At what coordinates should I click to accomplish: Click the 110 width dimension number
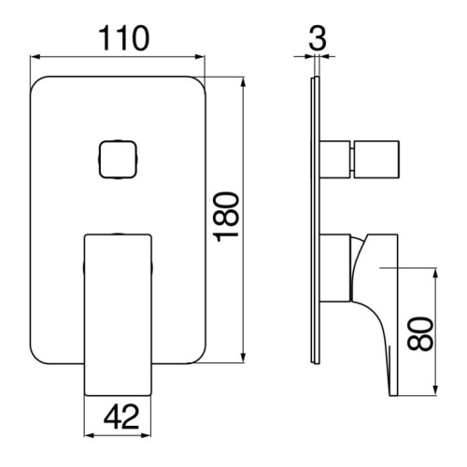pos(124,38)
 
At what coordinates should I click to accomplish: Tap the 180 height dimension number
pos(227,218)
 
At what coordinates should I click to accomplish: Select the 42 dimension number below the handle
pos(121,417)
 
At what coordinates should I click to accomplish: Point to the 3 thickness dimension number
pos(318,38)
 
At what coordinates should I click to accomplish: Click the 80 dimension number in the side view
pos(420,334)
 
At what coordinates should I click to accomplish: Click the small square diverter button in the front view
pos(118,160)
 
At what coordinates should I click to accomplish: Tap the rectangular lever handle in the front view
pos(118,315)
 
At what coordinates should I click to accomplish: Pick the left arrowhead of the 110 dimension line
pos(35,57)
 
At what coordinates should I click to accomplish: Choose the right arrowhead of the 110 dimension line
pos(200,57)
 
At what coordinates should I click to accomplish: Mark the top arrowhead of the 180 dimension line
pos(244,82)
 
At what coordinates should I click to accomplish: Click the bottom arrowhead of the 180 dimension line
pos(244,358)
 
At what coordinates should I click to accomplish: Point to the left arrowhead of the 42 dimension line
pos(90,435)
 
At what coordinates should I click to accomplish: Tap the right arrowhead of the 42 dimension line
pos(146,435)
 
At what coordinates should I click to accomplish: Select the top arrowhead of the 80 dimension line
pos(436,273)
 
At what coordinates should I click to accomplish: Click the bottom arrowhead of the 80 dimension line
pos(436,390)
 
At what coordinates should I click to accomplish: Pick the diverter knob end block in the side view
pos(376,160)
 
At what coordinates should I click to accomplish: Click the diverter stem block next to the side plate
pos(334,160)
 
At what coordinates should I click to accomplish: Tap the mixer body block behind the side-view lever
pos(335,268)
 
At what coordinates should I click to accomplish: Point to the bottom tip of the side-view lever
pos(393,395)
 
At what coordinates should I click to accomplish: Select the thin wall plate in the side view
pos(315,219)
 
